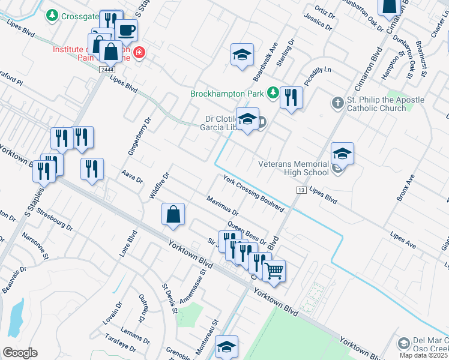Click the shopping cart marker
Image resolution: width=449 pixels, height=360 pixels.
[x=274, y=270]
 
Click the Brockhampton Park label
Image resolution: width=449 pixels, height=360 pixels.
[x=228, y=94]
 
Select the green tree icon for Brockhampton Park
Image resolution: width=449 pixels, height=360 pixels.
[x=273, y=92]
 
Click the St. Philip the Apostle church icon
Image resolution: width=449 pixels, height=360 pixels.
[x=336, y=104]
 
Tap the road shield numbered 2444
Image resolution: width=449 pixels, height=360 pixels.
[x=107, y=70]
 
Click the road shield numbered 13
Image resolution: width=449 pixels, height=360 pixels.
[x=301, y=190]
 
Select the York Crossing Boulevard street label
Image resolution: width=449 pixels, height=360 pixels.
[x=253, y=192]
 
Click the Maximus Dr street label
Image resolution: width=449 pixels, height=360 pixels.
[x=222, y=206]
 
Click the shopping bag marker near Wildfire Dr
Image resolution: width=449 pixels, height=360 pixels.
[x=173, y=214]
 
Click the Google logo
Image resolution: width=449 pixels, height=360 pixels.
[x=20, y=353]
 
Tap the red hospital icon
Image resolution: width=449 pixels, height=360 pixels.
[x=139, y=53]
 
